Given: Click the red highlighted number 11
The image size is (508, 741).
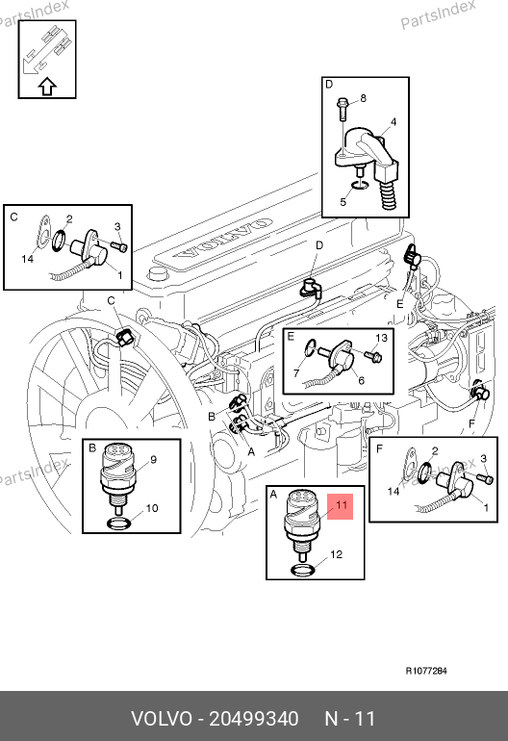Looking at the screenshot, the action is pyautogui.click(x=342, y=504).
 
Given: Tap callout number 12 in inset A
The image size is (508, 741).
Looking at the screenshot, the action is pyautogui.click(x=336, y=554).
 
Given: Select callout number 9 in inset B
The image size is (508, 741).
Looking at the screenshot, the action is pyautogui.click(x=153, y=459).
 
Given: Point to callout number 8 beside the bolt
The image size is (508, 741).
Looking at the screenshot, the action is pyautogui.click(x=363, y=98).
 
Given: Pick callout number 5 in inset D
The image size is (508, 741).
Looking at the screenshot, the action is pyautogui.click(x=343, y=202).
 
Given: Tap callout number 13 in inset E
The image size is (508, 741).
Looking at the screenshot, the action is pyautogui.click(x=381, y=338).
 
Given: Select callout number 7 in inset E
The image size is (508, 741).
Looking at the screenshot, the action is pyautogui.click(x=296, y=373).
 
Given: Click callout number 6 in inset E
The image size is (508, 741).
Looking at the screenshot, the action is pyautogui.click(x=362, y=380).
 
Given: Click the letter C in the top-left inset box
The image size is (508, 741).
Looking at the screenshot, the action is pyautogui.click(x=13, y=217).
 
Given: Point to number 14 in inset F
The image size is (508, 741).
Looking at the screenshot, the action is pyautogui.click(x=394, y=492).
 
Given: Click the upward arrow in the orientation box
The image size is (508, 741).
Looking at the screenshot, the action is pyautogui.click(x=47, y=87).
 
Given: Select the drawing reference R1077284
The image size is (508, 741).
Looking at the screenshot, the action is pyautogui.click(x=426, y=671).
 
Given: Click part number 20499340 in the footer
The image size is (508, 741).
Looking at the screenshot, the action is pyautogui.click(x=254, y=719).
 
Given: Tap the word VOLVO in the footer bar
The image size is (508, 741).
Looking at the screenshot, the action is pyautogui.click(x=162, y=719).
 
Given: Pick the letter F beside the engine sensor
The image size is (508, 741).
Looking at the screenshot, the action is pyautogui.click(x=471, y=423).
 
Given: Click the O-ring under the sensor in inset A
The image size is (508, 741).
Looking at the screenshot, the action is pyautogui.click(x=303, y=571).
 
